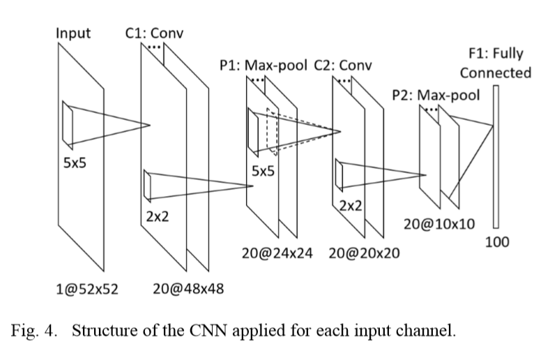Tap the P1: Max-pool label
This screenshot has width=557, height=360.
tap(264, 66)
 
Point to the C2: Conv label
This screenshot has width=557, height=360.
tap(343, 66)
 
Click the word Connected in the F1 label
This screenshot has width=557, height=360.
tap(495, 73)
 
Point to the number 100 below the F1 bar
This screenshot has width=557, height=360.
tap(497, 242)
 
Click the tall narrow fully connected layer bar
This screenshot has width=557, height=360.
tap(496, 156)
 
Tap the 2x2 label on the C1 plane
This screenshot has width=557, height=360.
tap(157, 216)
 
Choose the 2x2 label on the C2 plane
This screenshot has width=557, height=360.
tap(350, 205)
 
